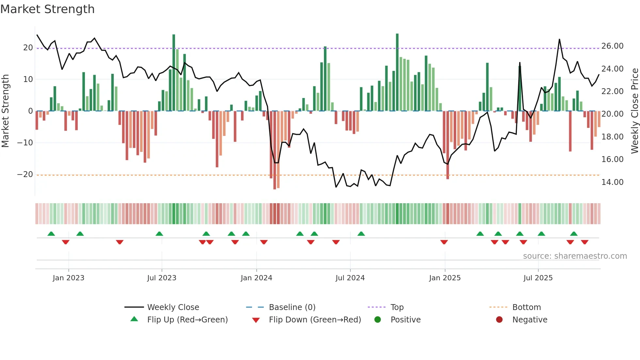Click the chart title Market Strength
tap(47, 9)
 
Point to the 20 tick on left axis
tap(28, 48)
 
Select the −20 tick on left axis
tap(25, 174)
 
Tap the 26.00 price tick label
tap(612, 46)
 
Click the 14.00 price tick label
tap(612, 182)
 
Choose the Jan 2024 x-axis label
tap(256, 278)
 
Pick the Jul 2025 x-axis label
tap(538, 278)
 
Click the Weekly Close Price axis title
tap(634, 111)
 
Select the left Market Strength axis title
tap(5, 111)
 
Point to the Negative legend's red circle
tap(499, 320)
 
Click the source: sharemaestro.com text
tap(575, 256)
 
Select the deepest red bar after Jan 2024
tap(275, 150)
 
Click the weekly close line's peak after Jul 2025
tap(559, 40)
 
